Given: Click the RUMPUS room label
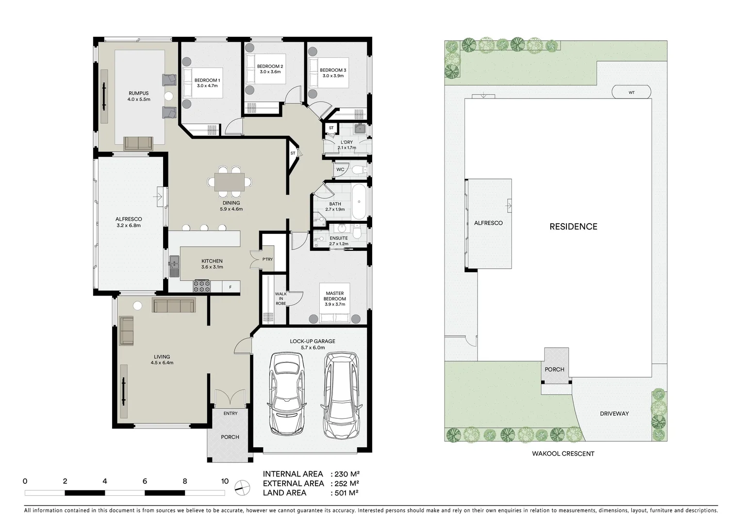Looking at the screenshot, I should coord(138,93).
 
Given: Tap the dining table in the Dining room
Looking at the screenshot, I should coord(231,182).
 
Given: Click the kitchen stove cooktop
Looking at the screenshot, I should coord(202,286).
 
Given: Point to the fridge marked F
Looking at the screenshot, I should coord(231,287).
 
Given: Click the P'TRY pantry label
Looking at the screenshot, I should coord(267,259).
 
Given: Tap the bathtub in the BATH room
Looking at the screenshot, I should coord(360,201).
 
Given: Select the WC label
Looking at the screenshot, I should coord(340,170).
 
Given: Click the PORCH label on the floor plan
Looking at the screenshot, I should coord(230,437).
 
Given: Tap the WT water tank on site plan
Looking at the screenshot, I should coord(631,92).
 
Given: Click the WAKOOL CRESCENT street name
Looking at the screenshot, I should coord(563,454).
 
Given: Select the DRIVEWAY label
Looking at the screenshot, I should coord(614,413).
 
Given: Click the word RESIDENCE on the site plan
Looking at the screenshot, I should coord(573,227).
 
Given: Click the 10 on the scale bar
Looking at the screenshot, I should coord(225,481).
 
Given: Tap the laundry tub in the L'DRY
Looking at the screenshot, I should coord(360,129).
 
